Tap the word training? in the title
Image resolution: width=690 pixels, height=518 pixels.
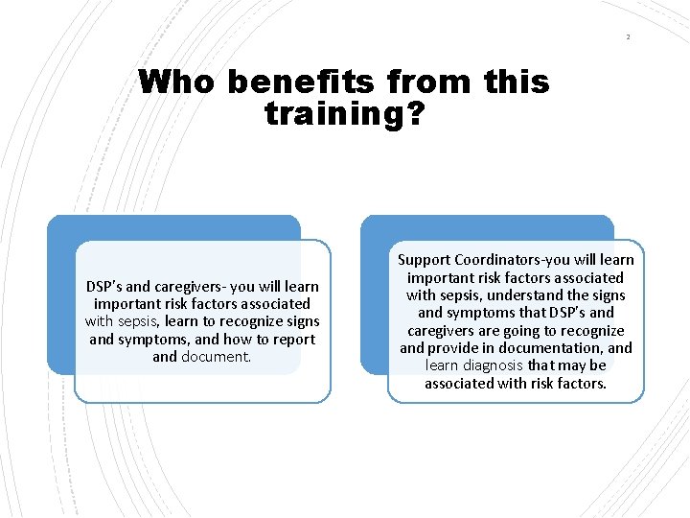tap(343, 115)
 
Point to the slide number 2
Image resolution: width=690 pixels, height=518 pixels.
tap(628, 36)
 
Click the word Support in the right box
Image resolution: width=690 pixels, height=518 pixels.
tap(425, 260)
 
